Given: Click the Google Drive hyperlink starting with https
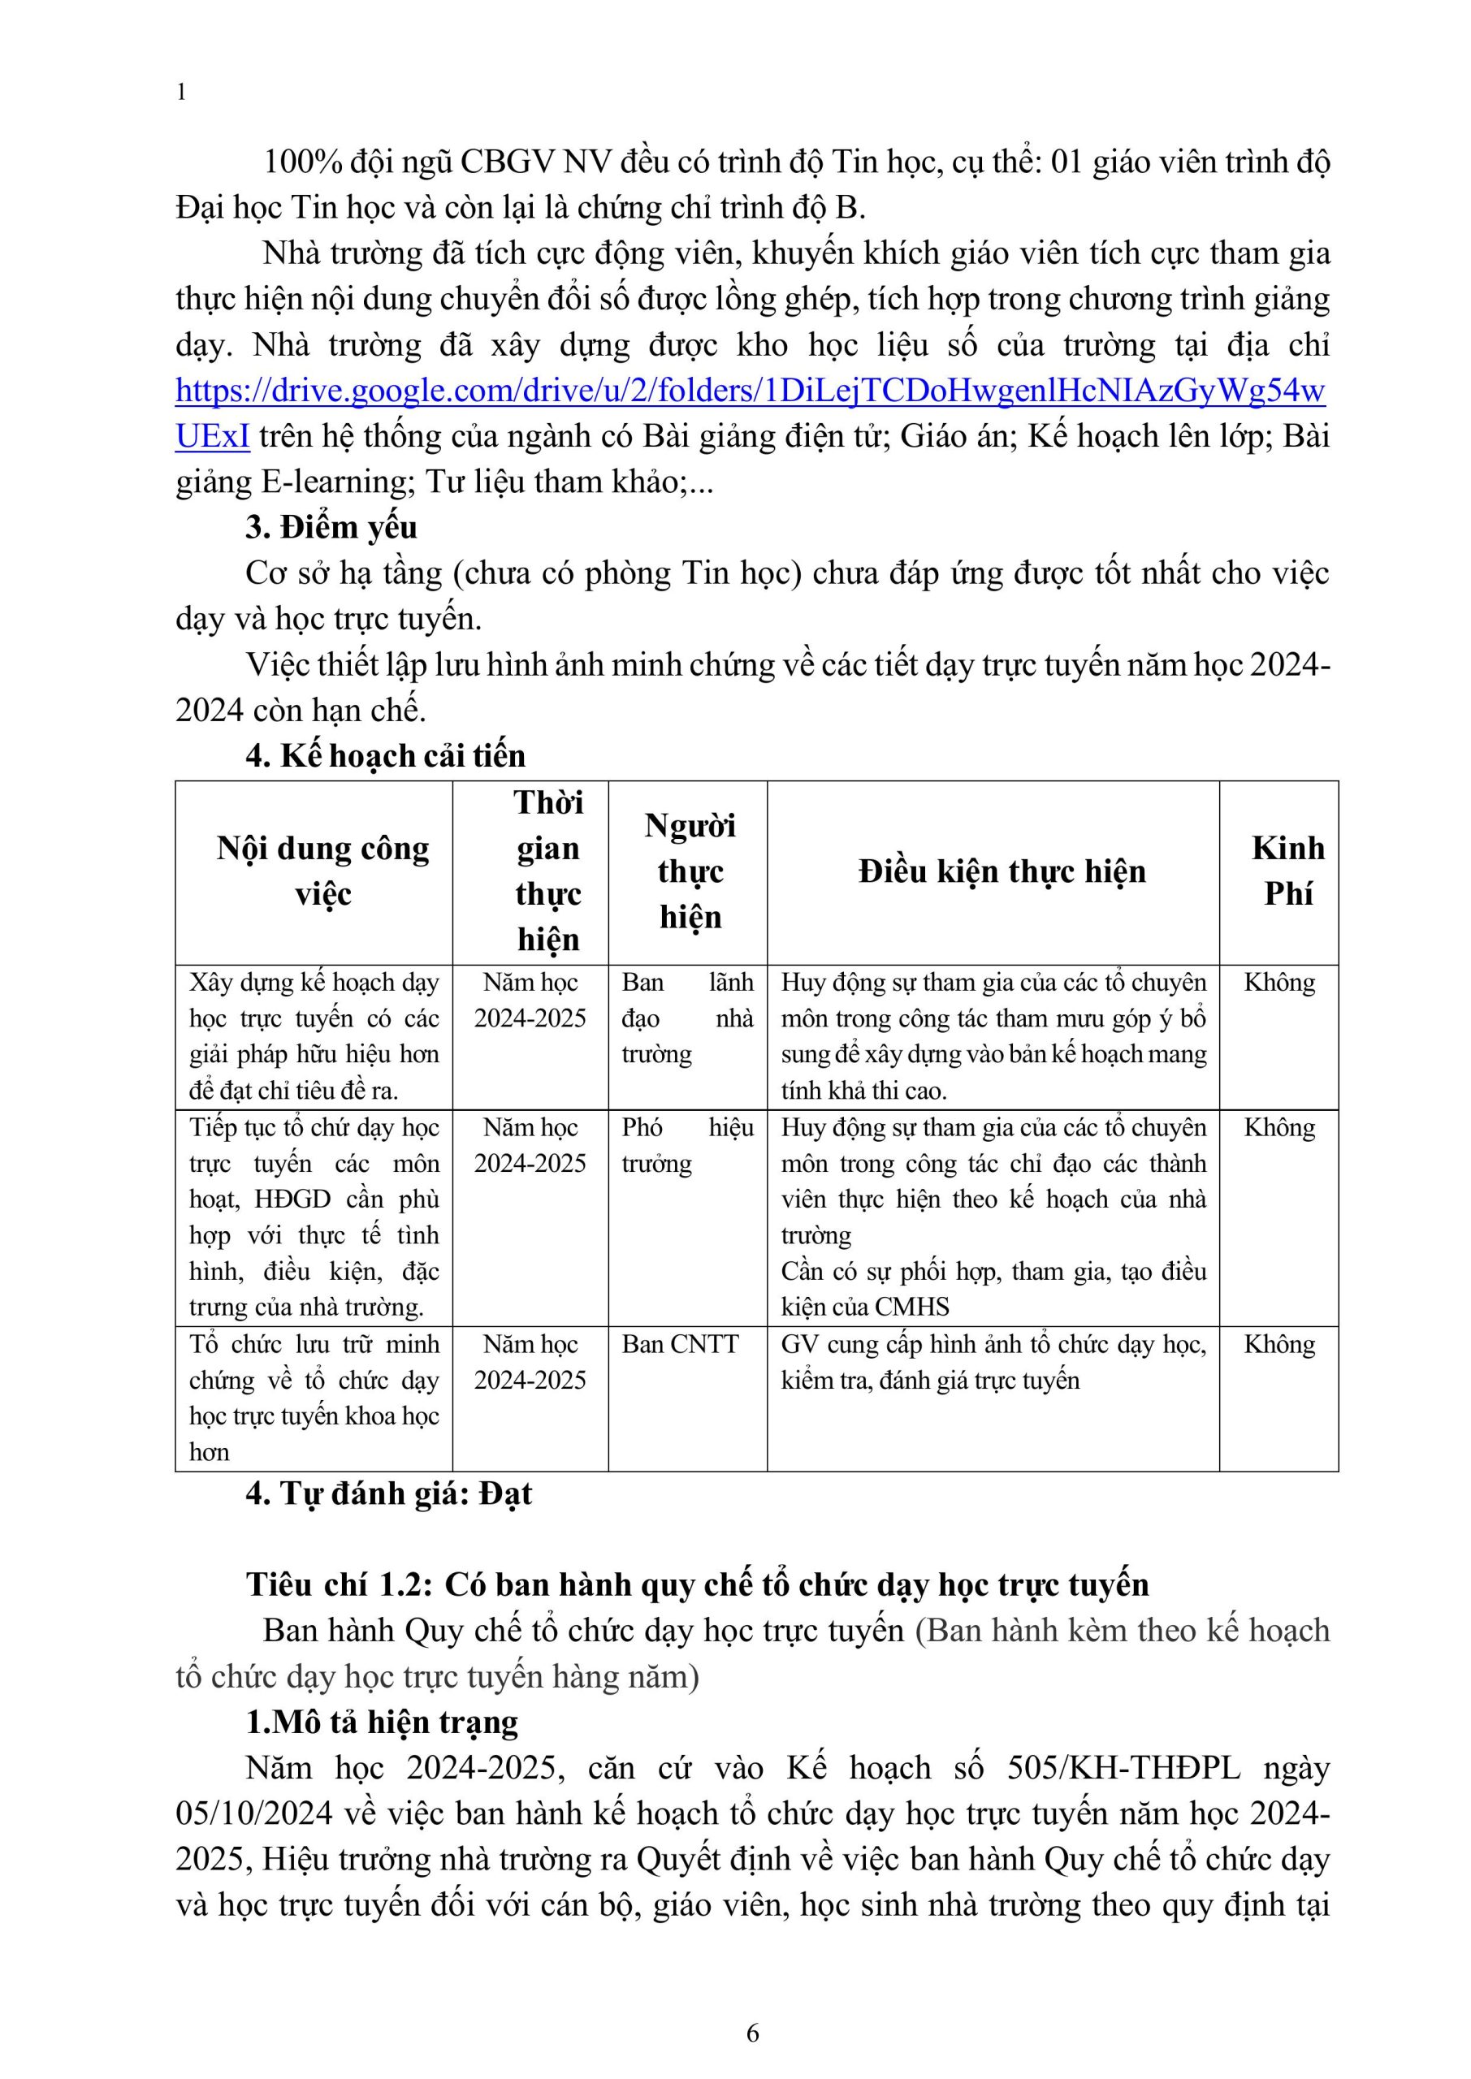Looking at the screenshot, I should tap(750, 391).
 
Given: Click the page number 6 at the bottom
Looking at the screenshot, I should tap(752, 2033).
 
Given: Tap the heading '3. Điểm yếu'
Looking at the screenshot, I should tap(331, 527).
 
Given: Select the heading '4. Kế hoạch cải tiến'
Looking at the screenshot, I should tap(385, 755).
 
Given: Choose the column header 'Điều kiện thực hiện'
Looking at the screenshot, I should tap(1002, 871).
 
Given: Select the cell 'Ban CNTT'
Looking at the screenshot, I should tap(680, 1344).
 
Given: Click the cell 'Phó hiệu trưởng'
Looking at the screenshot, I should tap(686, 1145).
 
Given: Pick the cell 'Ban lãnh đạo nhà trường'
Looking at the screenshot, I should tap(686, 1018).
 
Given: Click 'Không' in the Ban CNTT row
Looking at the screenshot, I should tap(1279, 1344).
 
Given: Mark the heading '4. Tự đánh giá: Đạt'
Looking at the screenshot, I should tap(388, 1493).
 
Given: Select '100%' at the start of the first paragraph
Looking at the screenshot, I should tap(302, 162).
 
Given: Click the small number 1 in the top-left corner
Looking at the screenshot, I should tap(181, 93).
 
